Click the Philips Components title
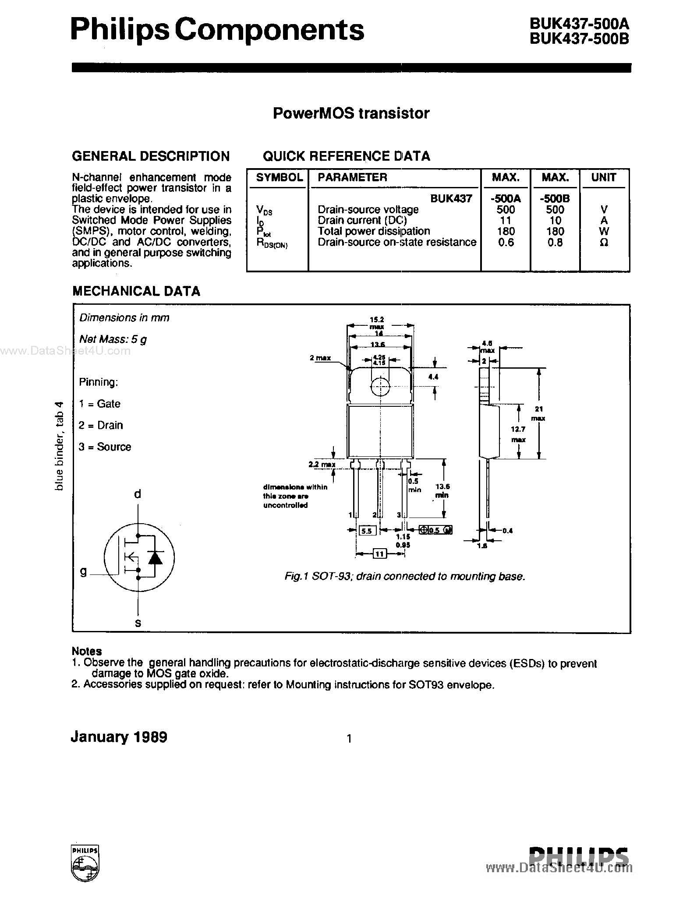pyautogui.click(x=217, y=31)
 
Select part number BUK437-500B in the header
pyautogui.click(x=579, y=39)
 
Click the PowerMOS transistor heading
pyautogui.click(x=351, y=113)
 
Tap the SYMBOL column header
pyautogui.click(x=279, y=177)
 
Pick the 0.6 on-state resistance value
pyautogui.click(x=506, y=243)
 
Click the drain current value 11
pyautogui.click(x=506, y=221)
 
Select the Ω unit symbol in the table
pyautogui.click(x=603, y=243)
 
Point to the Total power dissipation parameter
pyautogui.click(x=374, y=231)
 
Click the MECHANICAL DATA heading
pyautogui.click(x=136, y=291)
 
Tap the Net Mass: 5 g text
pyautogui.click(x=113, y=339)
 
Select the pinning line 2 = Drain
pyautogui.click(x=101, y=425)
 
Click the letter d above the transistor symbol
pyautogui.click(x=138, y=494)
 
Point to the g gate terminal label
pyautogui.click(x=84, y=571)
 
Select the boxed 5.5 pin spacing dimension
pyautogui.click(x=367, y=531)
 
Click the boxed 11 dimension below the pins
pyautogui.click(x=379, y=554)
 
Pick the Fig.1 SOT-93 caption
pyautogui.click(x=404, y=577)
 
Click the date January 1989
pyautogui.click(x=119, y=737)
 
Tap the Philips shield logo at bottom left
pyautogui.click(x=85, y=862)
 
